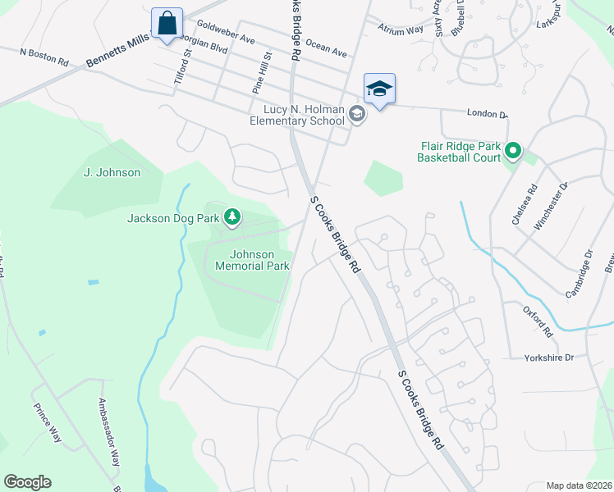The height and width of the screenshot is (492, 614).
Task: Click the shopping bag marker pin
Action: pyautogui.click(x=167, y=23)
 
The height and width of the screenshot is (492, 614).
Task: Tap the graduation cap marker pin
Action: pyautogui.click(x=379, y=89)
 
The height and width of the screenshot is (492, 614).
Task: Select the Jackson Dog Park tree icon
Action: pyautogui.click(x=234, y=216)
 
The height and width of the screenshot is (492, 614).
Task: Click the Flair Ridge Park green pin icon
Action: pyautogui.click(x=513, y=150)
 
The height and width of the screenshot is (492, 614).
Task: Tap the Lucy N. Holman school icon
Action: pyautogui.click(x=356, y=115)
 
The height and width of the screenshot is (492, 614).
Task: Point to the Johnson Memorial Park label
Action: pyautogui.click(x=252, y=260)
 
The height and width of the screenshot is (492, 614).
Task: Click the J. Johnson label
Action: pyautogui.click(x=112, y=172)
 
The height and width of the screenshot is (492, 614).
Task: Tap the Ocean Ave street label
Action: pyautogui.click(x=326, y=46)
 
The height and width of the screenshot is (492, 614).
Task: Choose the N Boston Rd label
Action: pyautogui.click(x=47, y=56)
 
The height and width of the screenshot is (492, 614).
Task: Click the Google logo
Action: pyautogui.click(x=27, y=482)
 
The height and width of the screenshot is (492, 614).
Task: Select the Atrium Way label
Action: pyautogui.click(x=401, y=30)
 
